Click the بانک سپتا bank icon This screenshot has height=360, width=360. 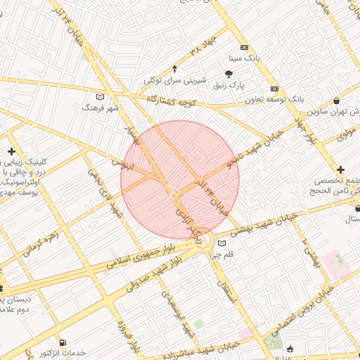[x=244, y=57]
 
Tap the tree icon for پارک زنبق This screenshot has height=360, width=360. [x=229, y=73]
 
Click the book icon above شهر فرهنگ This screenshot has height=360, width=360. [x=100, y=96]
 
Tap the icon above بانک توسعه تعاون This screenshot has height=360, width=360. [x=274, y=89]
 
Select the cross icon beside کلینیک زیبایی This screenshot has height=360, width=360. [x=12, y=151]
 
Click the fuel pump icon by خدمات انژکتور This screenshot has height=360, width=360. [x=64, y=342]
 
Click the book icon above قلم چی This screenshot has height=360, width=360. [x=221, y=243]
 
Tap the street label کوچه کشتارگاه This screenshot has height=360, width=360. [x=179, y=103]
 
